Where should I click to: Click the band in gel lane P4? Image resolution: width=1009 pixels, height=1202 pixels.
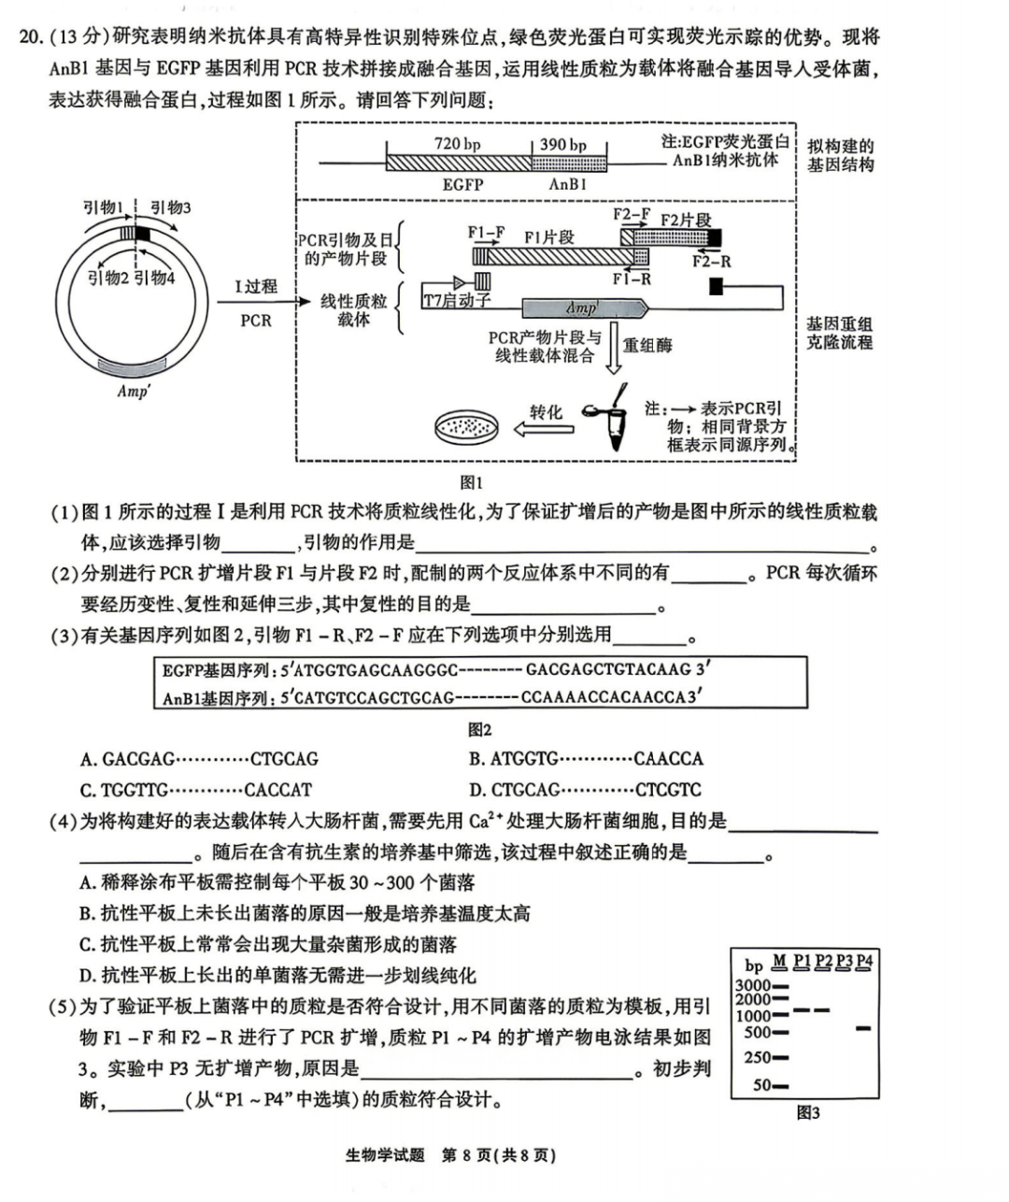pyautogui.click(x=863, y=1028)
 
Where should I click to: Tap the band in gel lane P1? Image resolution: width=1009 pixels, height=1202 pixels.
pyautogui.click(x=801, y=1010)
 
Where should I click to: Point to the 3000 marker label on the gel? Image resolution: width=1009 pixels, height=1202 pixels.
pyautogui.click(x=753, y=985)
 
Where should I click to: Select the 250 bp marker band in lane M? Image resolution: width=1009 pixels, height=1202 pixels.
pyautogui.click(x=780, y=1058)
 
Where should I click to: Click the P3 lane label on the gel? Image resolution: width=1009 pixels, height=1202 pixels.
pyautogui.click(x=844, y=961)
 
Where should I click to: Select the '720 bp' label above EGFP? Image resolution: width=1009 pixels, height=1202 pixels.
pyautogui.click(x=457, y=144)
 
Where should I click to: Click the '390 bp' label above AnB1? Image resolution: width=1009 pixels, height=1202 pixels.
pyautogui.click(x=563, y=145)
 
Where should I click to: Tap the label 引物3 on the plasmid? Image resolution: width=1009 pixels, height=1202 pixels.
pyautogui.click(x=170, y=207)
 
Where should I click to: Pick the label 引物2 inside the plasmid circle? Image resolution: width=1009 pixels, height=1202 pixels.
pyautogui.click(x=107, y=278)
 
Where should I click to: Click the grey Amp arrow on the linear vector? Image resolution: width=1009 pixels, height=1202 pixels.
pyautogui.click(x=584, y=308)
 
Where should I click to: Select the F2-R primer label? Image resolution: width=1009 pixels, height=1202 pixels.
pyautogui.click(x=711, y=262)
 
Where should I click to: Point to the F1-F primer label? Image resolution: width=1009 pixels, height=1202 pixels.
pyautogui.click(x=486, y=233)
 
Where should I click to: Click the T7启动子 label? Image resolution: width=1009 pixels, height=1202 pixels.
pyautogui.click(x=457, y=301)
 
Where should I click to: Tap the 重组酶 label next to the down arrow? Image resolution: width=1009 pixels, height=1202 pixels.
pyautogui.click(x=647, y=345)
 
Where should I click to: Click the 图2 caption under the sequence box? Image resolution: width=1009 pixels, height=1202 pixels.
pyautogui.click(x=479, y=730)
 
